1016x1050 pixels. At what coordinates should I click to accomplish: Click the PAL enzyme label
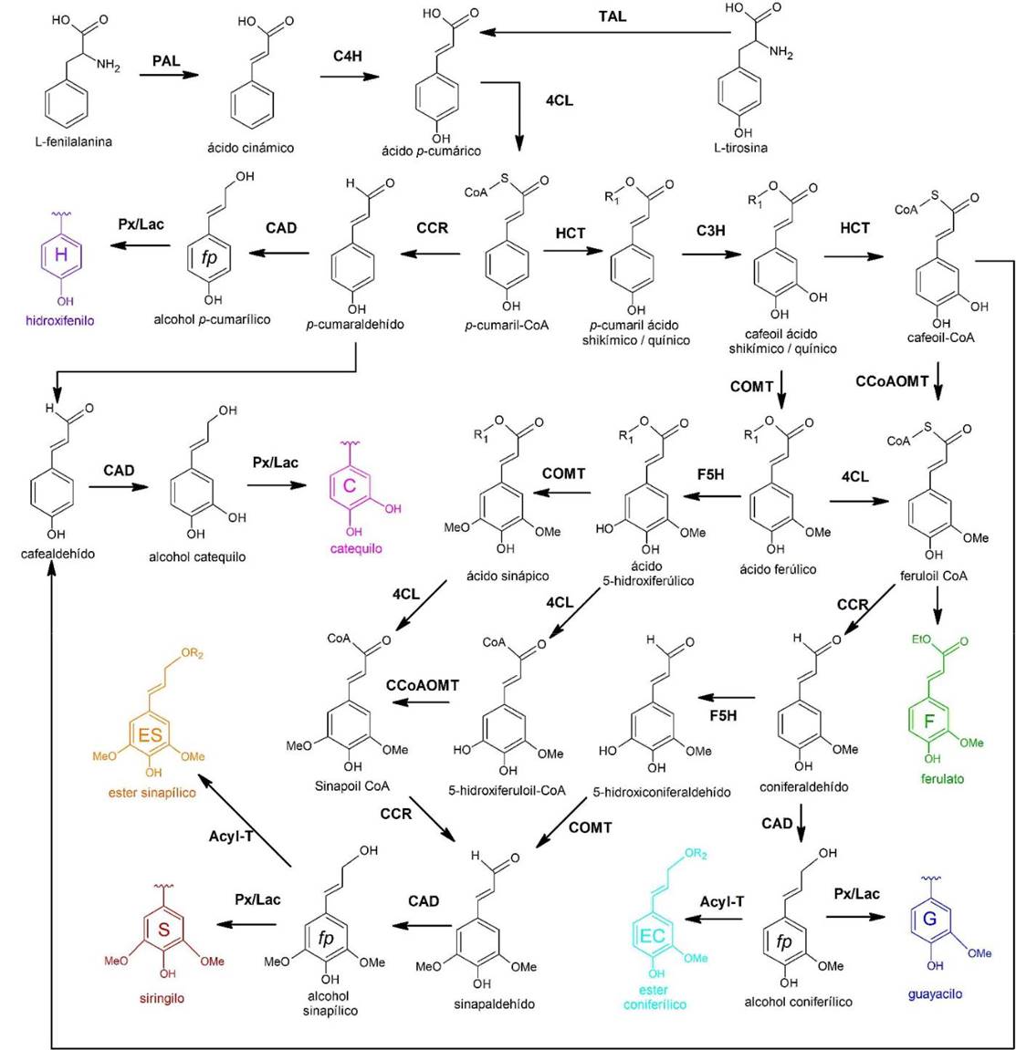click(x=166, y=61)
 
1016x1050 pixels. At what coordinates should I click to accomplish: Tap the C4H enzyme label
click(x=347, y=56)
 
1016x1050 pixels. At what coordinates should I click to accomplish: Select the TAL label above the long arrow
click(x=612, y=16)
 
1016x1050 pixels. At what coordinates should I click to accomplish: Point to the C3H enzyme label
click(x=710, y=231)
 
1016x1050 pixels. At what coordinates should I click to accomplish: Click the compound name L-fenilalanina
click(x=74, y=141)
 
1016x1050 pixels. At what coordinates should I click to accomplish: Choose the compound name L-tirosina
click(x=740, y=147)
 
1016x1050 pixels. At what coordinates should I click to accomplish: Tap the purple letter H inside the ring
click(x=60, y=255)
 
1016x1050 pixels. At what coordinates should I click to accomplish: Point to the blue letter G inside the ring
click(x=929, y=919)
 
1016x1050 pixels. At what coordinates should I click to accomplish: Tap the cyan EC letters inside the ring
click(x=652, y=935)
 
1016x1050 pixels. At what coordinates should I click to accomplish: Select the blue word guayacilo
click(x=940, y=993)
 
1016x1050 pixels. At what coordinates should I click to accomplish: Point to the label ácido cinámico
click(x=250, y=147)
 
